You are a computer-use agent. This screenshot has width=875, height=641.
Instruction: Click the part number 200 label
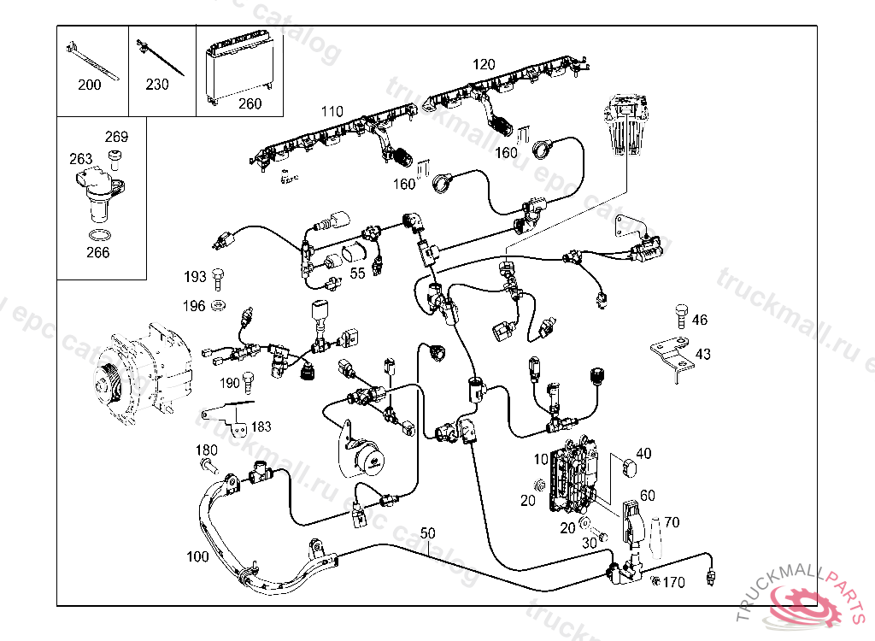89,85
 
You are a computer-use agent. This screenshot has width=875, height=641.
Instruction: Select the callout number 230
157,85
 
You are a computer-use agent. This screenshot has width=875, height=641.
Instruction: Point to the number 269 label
116,137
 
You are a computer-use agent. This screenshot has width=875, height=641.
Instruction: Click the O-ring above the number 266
99,235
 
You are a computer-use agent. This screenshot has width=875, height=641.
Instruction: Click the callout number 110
332,112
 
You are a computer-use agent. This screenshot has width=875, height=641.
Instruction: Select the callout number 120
484,64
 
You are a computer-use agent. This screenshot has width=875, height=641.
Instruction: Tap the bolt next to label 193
217,276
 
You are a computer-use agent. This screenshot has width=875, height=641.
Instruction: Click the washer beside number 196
218,305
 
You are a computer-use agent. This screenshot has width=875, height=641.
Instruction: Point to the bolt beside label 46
681,314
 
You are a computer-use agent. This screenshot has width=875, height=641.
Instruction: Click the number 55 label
357,273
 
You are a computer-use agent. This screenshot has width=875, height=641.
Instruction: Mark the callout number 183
261,426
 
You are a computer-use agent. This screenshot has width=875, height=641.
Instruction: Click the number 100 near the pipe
197,557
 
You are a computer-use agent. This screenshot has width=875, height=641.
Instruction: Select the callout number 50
427,533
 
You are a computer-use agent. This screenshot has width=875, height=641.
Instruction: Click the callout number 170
674,584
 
